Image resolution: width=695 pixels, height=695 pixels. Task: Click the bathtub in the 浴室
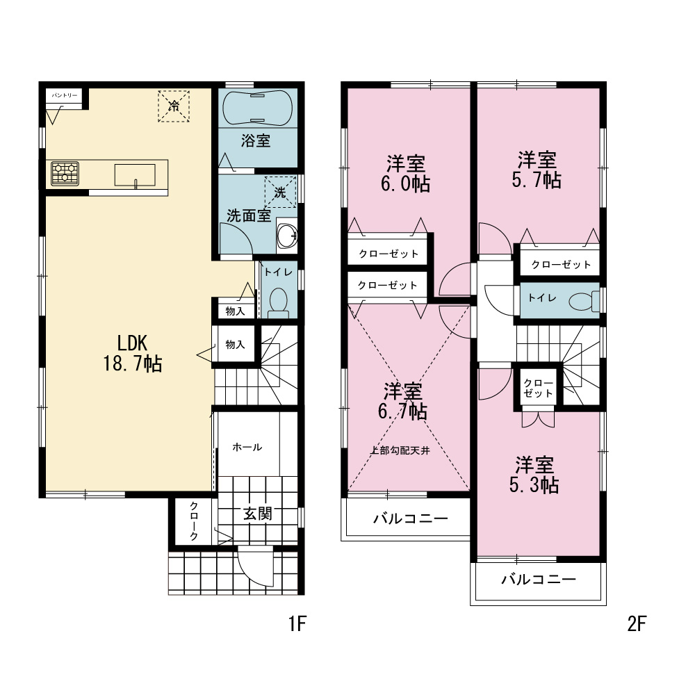[257, 108]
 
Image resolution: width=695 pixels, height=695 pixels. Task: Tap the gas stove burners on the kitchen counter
[65, 173]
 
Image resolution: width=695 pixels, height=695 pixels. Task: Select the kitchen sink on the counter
[136, 175]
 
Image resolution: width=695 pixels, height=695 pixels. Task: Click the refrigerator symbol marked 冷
[174, 106]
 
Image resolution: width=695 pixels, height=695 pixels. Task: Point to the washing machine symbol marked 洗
[280, 192]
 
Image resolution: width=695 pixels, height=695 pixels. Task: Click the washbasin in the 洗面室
[287, 236]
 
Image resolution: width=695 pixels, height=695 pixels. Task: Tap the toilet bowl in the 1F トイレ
[279, 303]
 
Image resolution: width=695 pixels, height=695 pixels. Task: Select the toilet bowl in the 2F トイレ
[584, 302]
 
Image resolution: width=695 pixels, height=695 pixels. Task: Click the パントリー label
[65, 95]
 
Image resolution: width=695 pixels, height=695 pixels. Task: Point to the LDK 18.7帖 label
[133, 353]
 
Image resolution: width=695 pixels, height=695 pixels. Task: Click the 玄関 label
[258, 514]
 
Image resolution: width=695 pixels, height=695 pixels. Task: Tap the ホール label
[247, 447]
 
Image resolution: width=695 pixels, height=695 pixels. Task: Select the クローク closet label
[194, 521]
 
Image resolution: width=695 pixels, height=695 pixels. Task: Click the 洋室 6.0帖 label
[406, 173]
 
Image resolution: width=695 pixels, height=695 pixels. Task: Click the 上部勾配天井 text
[400, 451]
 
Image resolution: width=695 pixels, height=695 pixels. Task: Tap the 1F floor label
[297, 624]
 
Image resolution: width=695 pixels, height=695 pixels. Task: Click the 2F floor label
[637, 624]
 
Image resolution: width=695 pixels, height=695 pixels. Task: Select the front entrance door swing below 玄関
[256, 567]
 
